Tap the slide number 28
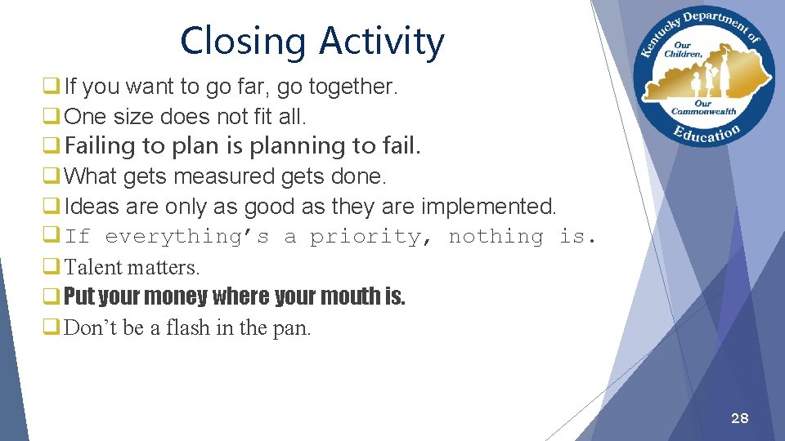(x=739, y=418)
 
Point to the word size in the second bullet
(x=141, y=117)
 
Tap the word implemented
(x=488, y=207)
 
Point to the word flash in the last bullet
(x=187, y=328)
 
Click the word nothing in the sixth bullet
(x=496, y=237)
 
